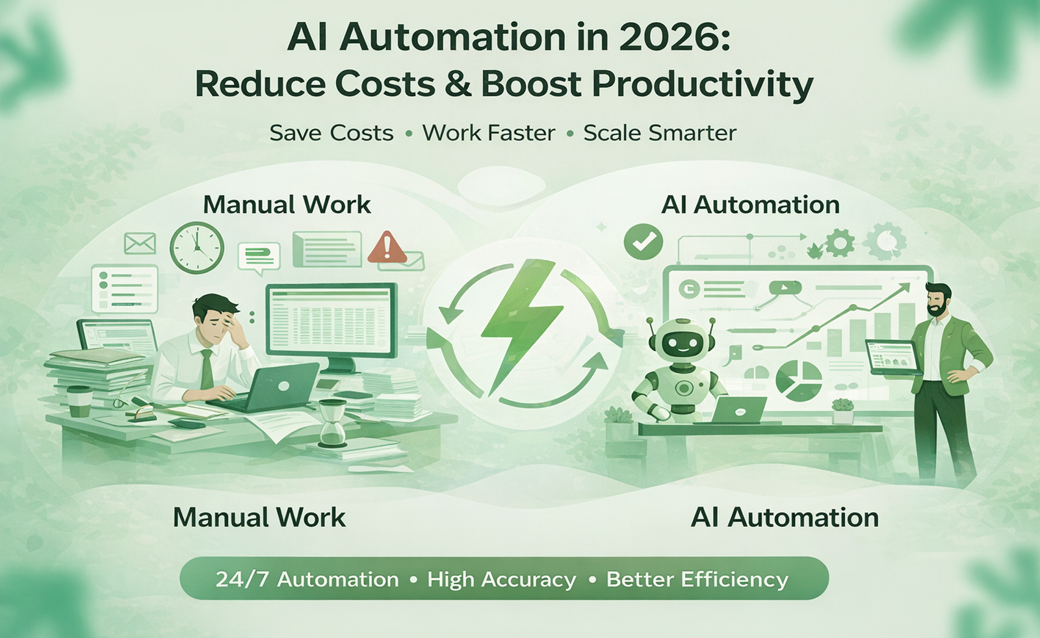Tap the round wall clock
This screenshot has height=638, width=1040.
197,248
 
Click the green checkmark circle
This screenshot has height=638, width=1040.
643,242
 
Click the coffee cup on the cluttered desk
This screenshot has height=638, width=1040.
79,401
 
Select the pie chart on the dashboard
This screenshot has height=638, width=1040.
798,380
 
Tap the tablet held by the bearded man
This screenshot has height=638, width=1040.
892,358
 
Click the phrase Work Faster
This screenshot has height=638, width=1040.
489,133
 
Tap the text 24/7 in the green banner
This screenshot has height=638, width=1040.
242,579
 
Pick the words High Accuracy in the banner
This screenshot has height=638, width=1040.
501,579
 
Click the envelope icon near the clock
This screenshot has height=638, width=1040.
140,244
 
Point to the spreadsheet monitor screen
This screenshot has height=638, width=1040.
331,320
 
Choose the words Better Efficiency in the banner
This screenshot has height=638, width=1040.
697,579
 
